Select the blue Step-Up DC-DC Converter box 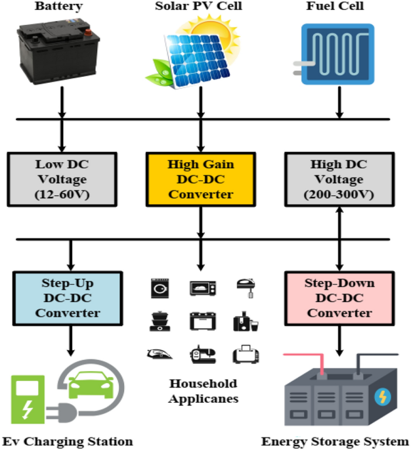point(68,297)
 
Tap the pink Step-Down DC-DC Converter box point(339,298)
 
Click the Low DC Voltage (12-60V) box point(63,177)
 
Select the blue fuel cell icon point(337,53)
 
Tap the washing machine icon point(159,288)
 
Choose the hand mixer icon point(244,287)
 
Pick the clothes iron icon point(158,355)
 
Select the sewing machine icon point(202,355)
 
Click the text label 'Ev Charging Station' point(67,441)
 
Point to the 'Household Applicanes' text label point(203,391)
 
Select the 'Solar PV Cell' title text point(200,7)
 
